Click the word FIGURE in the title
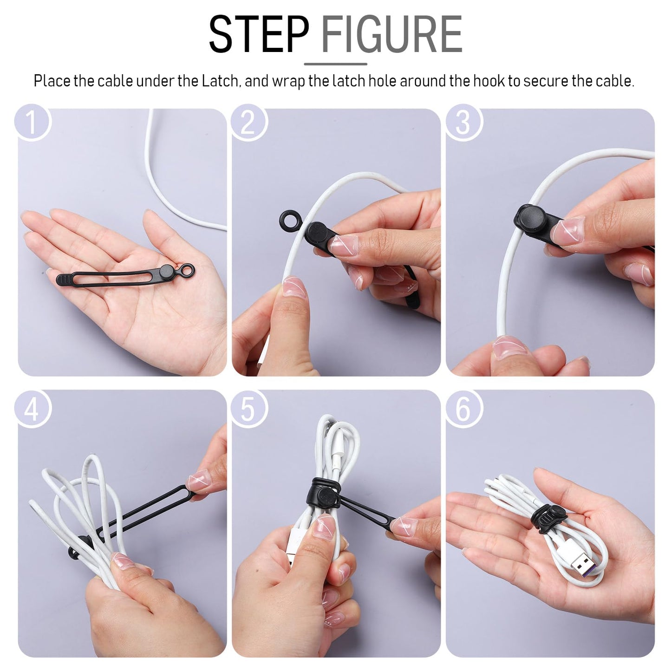[391, 34]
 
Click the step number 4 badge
[32, 409]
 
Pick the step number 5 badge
[249, 409]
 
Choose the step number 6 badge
[463, 409]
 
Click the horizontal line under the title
[335, 64]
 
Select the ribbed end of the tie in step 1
[65, 279]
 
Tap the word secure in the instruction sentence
[546, 81]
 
